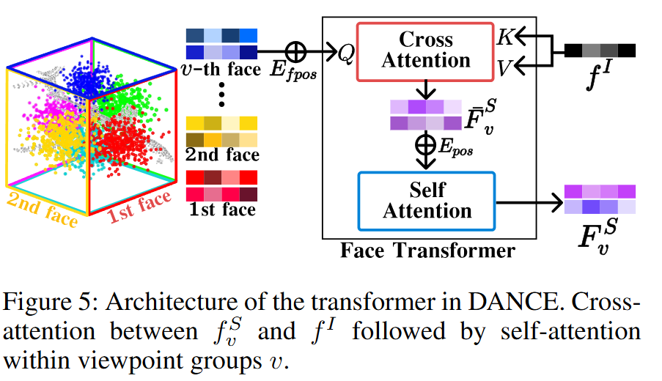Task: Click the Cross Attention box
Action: [x=427, y=51]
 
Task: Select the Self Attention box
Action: [x=427, y=200]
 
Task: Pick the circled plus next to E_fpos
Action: [x=296, y=51]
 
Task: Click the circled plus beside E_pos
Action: [x=425, y=144]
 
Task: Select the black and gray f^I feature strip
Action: [x=600, y=51]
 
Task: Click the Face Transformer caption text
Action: [x=427, y=251]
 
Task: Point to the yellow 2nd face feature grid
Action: [x=221, y=130]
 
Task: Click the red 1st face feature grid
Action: [x=221, y=185]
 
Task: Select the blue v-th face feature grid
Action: [x=221, y=43]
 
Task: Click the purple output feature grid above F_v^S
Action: [x=600, y=199]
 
